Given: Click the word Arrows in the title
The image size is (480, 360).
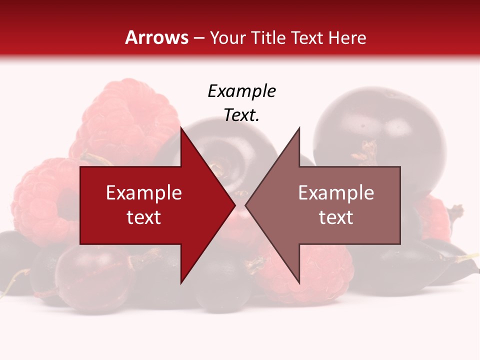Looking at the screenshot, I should (x=156, y=37).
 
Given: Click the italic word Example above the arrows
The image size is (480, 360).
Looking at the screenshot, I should (x=241, y=91).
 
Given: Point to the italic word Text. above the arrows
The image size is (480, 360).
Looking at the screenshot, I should (x=241, y=115).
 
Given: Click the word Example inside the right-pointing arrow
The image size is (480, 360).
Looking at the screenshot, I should (x=144, y=193).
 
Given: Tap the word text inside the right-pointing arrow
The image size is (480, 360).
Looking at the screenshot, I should (x=144, y=217).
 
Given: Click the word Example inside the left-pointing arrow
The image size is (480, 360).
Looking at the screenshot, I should (x=336, y=193).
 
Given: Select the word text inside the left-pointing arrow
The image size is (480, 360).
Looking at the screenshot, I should (x=336, y=217).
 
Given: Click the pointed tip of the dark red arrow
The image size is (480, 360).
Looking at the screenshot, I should (x=234, y=205).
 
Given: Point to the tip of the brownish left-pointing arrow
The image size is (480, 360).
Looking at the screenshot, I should (x=246, y=205).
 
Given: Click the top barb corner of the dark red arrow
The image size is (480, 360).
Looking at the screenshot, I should (x=181, y=128).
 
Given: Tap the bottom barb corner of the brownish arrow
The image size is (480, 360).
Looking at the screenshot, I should (x=299, y=283).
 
